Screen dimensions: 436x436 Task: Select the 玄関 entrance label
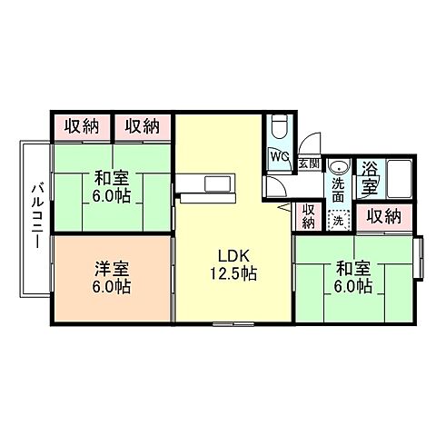click(309, 164)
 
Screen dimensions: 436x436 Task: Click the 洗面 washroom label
click(339, 188)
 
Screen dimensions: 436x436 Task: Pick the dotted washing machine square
click(338, 219)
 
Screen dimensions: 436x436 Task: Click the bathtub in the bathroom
click(399, 174)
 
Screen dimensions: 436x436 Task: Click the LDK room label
click(234, 253)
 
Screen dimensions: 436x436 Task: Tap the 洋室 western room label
click(112, 268)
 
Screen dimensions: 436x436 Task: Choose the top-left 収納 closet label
click(82, 125)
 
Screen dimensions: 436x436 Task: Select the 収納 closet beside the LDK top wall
click(144, 125)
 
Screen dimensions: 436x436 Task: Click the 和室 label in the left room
click(111, 176)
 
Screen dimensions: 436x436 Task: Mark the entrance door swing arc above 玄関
click(311, 144)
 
